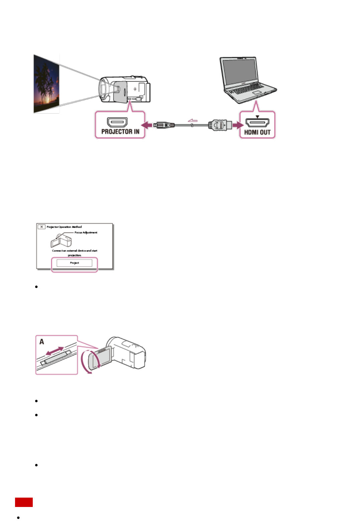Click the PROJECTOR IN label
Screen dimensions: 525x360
[x=120, y=132]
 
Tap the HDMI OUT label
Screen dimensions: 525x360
[x=257, y=132]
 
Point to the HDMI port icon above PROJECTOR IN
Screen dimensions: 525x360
[x=117, y=122]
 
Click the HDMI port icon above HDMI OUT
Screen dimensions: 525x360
[x=257, y=123]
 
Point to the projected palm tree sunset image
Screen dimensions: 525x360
[x=47, y=83]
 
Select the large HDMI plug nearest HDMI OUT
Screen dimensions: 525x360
[x=220, y=125]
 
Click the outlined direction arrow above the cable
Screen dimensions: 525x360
[x=193, y=120]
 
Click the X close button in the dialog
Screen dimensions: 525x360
[x=41, y=227]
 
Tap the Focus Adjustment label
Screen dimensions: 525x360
[x=86, y=232]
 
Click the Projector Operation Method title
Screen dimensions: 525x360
[x=64, y=227]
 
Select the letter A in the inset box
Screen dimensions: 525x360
[x=42, y=342]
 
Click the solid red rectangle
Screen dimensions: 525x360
[x=24, y=502]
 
